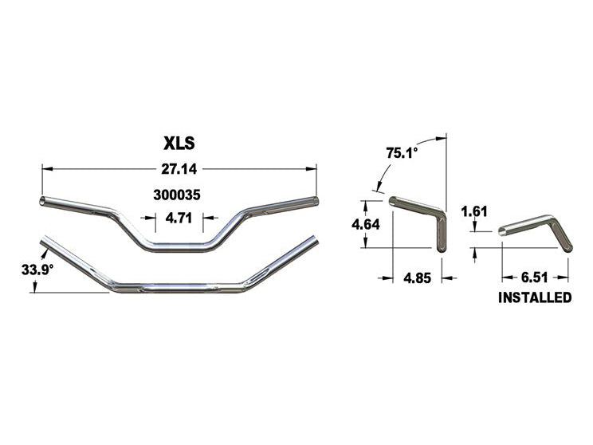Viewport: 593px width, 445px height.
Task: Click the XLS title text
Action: (179, 144)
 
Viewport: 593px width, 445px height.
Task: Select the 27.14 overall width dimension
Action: (179, 169)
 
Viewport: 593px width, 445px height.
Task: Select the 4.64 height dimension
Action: (366, 225)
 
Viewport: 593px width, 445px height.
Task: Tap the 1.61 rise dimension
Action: (474, 211)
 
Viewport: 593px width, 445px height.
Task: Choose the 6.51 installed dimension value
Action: (535, 278)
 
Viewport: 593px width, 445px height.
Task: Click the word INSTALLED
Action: (535, 298)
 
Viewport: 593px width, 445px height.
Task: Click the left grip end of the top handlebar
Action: (43, 200)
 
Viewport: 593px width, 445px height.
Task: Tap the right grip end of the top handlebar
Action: (316, 199)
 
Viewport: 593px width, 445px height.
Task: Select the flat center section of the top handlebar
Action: (179, 246)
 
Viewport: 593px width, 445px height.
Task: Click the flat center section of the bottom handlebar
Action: (179, 286)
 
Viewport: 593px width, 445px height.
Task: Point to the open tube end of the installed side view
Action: (502, 233)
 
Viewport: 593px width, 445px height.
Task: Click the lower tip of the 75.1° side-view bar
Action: (442, 247)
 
